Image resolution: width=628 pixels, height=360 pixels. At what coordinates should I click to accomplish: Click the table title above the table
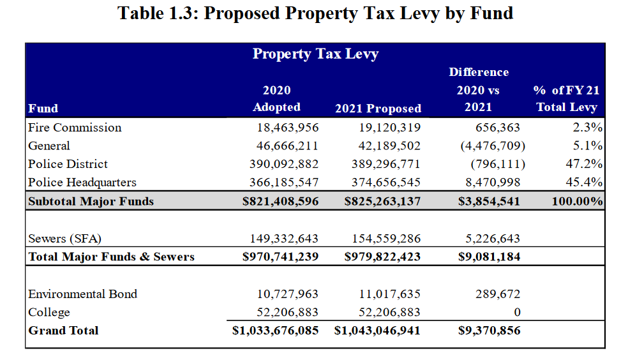tap(315, 13)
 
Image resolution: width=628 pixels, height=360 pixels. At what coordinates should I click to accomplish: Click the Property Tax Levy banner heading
tap(315, 54)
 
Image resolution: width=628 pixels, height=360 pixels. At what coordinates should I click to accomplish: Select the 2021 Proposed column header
tap(378, 109)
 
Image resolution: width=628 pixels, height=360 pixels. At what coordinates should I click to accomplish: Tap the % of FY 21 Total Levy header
tap(566, 99)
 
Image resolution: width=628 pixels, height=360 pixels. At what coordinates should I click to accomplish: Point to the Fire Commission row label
tap(75, 128)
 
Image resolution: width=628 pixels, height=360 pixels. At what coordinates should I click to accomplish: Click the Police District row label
tap(68, 164)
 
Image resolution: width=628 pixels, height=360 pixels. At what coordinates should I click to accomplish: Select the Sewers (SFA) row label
tap(65, 239)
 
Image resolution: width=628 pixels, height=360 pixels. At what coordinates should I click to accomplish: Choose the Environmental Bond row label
tap(83, 294)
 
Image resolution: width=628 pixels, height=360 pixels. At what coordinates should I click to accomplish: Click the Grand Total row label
tap(63, 331)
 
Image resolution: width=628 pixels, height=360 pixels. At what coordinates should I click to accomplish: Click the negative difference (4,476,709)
tap(492, 146)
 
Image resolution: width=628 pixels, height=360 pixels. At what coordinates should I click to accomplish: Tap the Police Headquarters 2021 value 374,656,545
tap(386, 183)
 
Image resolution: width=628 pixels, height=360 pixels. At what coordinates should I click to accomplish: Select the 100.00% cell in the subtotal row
tap(578, 201)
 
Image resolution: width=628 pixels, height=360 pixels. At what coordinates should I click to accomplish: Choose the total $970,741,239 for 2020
tap(280, 257)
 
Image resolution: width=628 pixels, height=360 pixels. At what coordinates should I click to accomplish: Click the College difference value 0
tap(517, 313)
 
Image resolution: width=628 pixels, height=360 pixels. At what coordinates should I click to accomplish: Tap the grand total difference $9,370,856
tap(490, 331)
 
